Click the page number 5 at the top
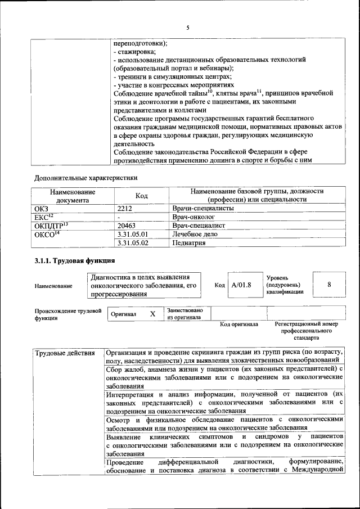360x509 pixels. click(x=188, y=28)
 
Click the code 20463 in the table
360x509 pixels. click(x=126, y=226)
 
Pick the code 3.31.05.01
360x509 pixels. click(x=132, y=234)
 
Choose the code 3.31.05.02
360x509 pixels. click(x=132, y=243)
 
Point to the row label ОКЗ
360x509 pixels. click(x=42, y=208)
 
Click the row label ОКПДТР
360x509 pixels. click(x=51, y=226)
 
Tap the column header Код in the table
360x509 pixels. click(x=142, y=195)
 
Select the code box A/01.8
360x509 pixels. click(x=241, y=285)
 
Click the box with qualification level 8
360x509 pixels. click(x=329, y=285)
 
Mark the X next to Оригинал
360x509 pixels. click(x=152, y=314)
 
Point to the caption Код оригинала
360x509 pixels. click(x=238, y=325)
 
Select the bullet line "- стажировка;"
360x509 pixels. click(x=135, y=52)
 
